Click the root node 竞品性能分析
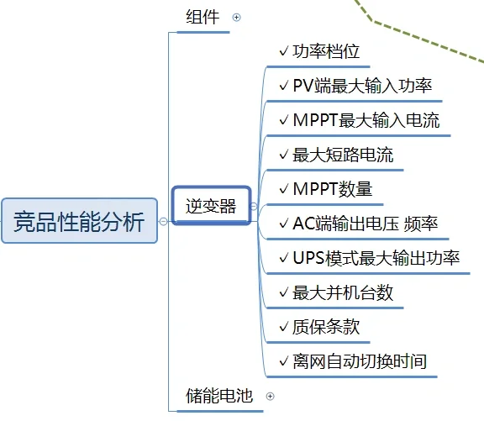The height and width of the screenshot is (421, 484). click(x=80, y=221)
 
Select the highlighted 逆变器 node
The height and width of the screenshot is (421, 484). click(x=211, y=205)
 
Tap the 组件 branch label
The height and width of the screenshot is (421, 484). click(x=203, y=17)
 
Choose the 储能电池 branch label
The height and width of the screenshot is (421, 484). click(x=219, y=396)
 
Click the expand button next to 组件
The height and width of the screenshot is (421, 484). click(x=236, y=17)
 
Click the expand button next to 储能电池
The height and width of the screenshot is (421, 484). click(x=270, y=396)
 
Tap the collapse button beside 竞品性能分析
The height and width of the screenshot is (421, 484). click(x=163, y=222)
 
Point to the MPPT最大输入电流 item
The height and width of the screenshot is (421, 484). click(x=366, y=120)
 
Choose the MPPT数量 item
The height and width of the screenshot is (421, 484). click(x=332, y=189)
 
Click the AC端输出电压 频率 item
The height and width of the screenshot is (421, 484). click(x=365, y=224)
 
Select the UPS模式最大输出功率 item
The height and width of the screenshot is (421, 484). click(x=376, y=258)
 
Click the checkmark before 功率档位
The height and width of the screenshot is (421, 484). click(x=283, y=51)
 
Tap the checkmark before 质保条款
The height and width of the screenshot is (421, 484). click(x=283, y=327)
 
